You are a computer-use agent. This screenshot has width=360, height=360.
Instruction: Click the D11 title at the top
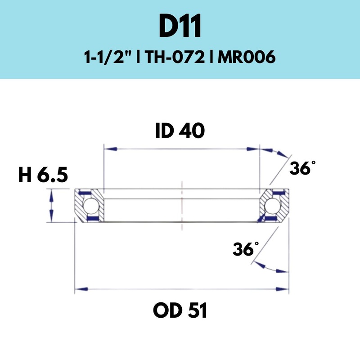[x=180, y=28]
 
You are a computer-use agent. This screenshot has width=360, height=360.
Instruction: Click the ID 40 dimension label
[x=180, y=131]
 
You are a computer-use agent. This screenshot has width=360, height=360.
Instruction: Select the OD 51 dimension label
[x=180, y=310]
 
